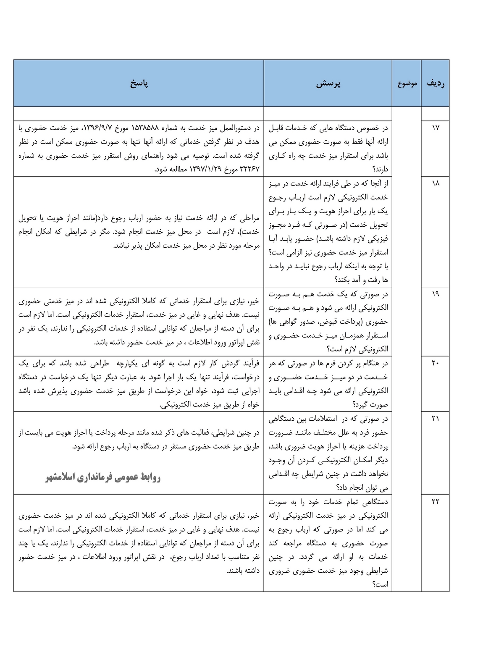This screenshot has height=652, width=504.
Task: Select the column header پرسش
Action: click(328, 84)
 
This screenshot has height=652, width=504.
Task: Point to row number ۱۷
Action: click(435, 128)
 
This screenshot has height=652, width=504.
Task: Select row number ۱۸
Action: click(435, 183)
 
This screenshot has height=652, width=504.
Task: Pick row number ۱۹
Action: click(435, 293)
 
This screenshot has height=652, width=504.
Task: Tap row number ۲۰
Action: click(435, 363)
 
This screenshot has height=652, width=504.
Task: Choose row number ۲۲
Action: click(435, 501)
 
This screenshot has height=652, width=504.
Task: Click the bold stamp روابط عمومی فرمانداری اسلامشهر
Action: click(103, 477)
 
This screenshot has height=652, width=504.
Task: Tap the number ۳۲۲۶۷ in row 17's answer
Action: click(250, 170)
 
